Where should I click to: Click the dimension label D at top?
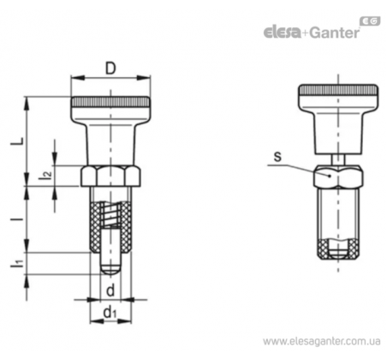click(x=110, y=69)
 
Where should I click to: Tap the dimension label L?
click(x=17, y=141)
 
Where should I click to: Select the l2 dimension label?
click(x=45, y=175)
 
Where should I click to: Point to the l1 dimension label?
click(x=17, y=264)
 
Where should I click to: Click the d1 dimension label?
click(x=110, y=313)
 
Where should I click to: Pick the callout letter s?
click(x=277, y=157)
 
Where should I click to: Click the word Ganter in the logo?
click(x=334, y=33)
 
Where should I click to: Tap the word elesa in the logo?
click(x=282, y=33)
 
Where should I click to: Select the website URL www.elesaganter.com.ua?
click(x=322, y=341)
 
